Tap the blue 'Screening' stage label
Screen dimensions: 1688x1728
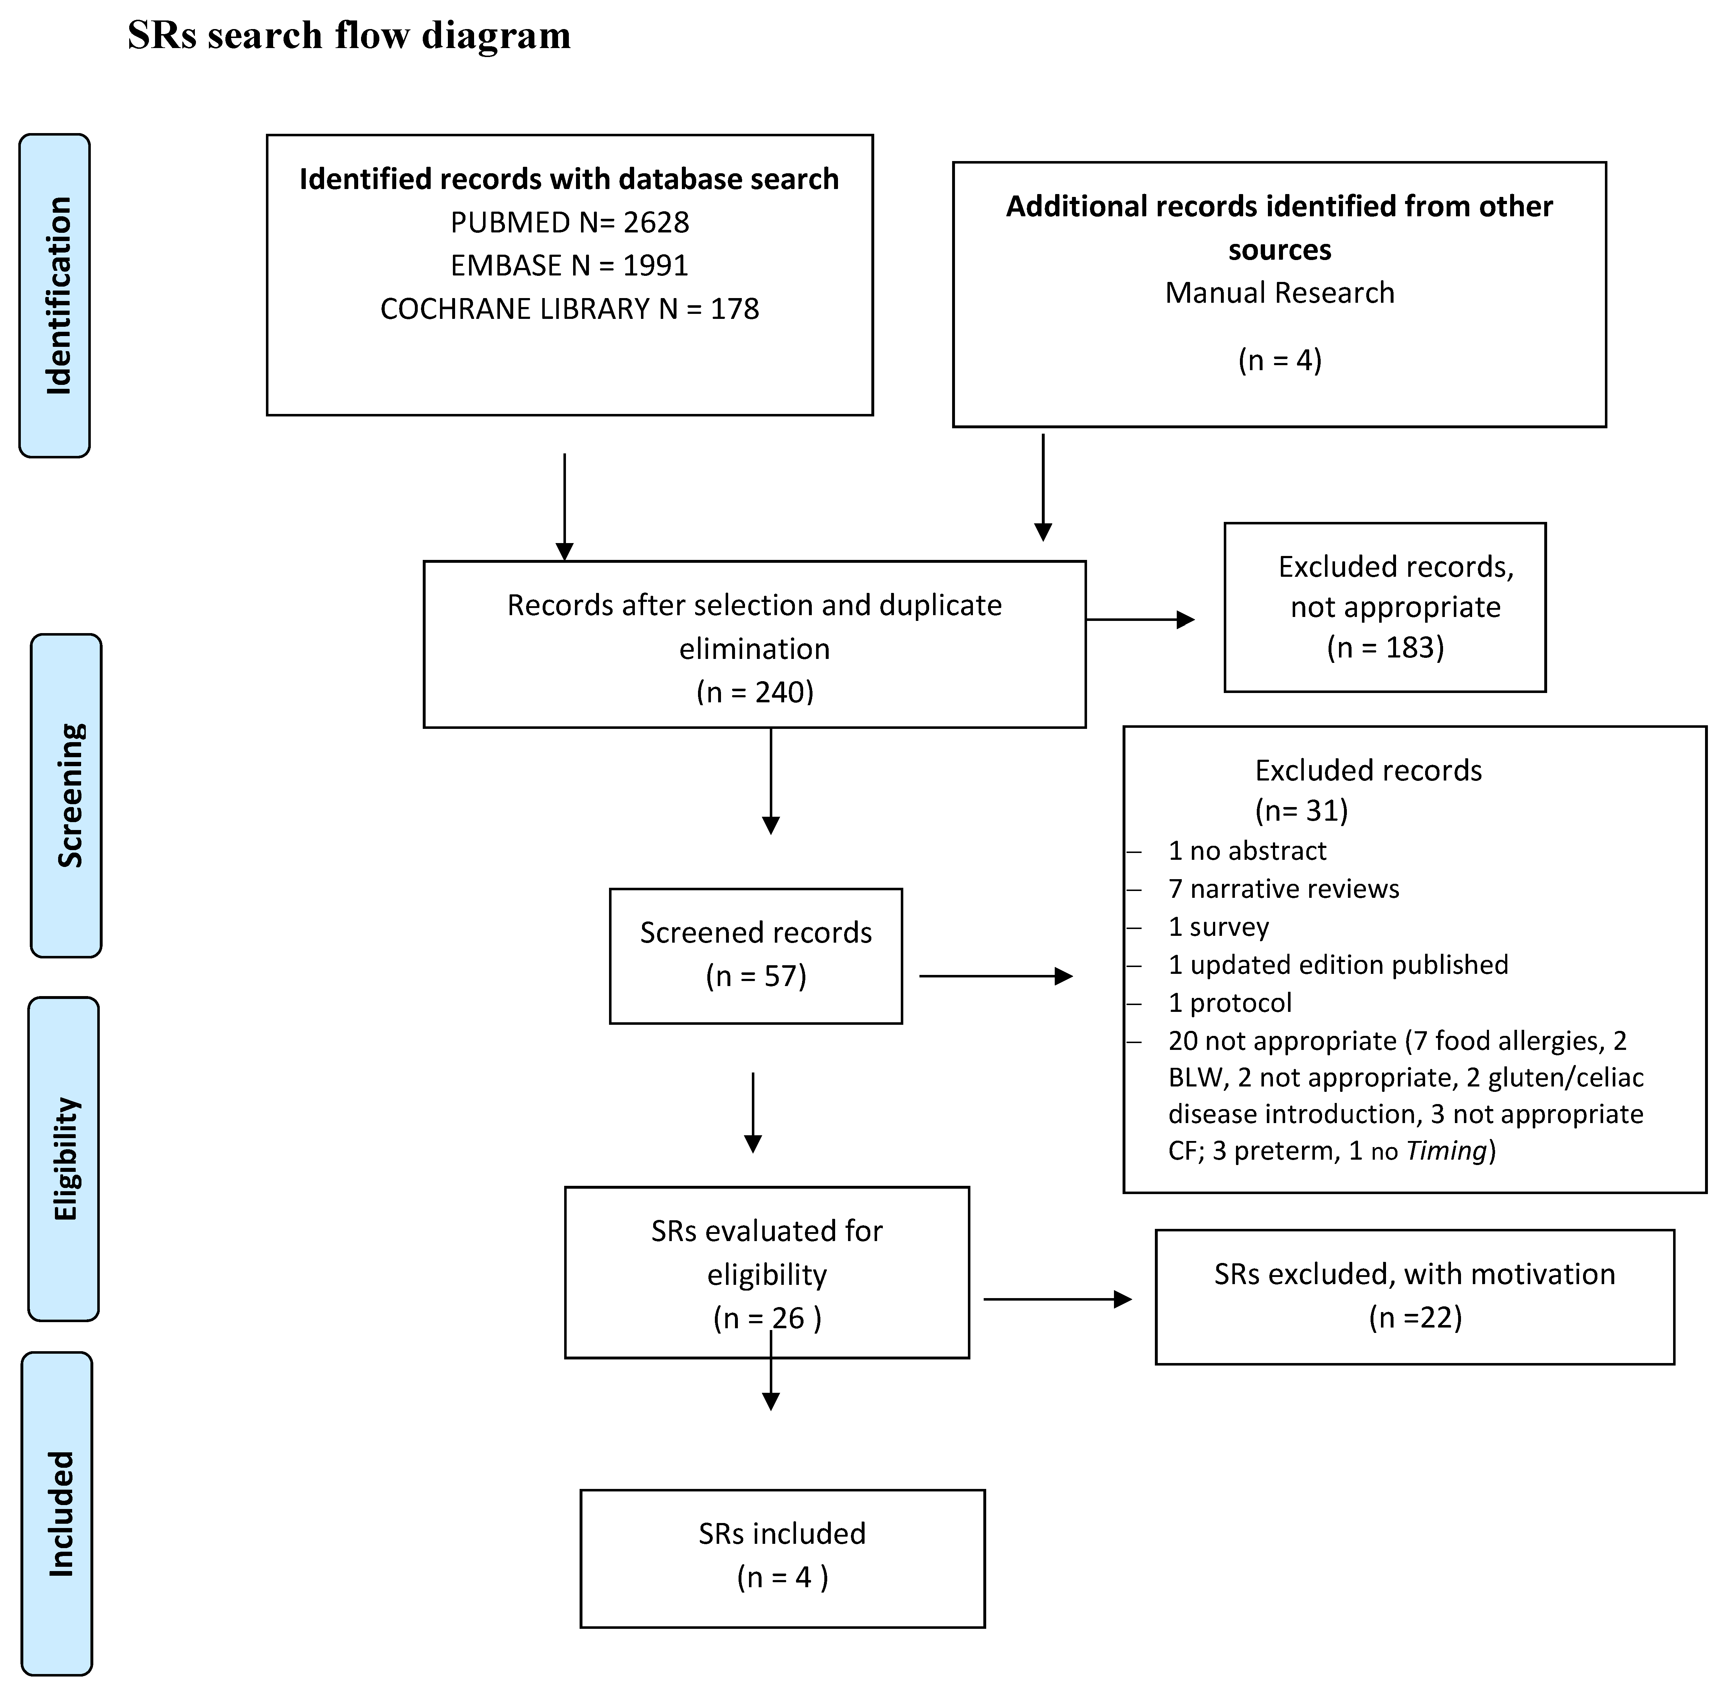(x=66, y=795)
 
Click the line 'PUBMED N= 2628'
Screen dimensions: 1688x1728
(x=570, y=222)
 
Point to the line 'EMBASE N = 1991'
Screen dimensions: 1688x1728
(x=570, y=265)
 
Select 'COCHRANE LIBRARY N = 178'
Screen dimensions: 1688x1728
(x=570, y=308)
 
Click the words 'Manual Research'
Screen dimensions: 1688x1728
(x=1279, y=293)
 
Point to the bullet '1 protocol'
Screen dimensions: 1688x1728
(x=1230, y=1003)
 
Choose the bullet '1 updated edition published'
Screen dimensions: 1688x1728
(x=1338, y=965)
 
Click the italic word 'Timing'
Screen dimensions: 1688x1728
(x=1446, y=1151)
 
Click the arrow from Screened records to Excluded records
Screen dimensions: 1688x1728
(x=995, y=976)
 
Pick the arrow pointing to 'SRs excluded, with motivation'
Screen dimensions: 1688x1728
(x=1057, y=1300)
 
